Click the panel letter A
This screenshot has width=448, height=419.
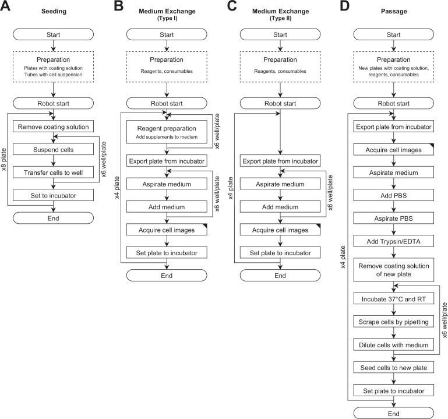[8, 8]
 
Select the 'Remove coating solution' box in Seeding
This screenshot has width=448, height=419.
[53, 127]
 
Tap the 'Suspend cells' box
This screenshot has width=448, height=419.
[53, 150]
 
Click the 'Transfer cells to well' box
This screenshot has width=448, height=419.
[53, 172]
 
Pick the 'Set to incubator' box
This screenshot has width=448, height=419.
[53, 195]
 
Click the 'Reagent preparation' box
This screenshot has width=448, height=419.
[167, 132]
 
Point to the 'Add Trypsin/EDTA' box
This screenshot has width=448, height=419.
[394, 242]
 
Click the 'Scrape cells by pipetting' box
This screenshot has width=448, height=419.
[394, 321]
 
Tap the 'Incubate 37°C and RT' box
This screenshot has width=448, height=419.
[394, 298]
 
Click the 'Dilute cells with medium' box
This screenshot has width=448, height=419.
[394, 344]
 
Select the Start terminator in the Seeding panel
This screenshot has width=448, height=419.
[53, 36]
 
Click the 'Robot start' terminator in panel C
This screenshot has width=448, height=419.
[280, 104]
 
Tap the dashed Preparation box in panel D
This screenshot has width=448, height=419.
[394, 66]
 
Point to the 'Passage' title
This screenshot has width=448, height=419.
[394, 10]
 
